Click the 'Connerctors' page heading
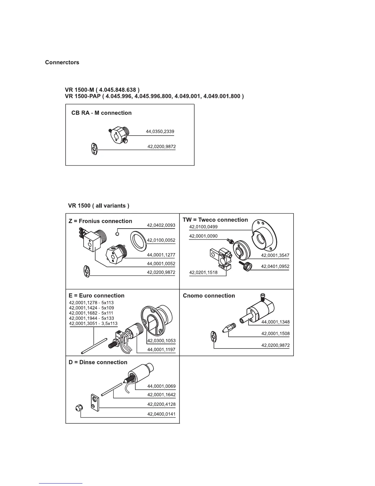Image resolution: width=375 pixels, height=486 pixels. (x=62, y=63)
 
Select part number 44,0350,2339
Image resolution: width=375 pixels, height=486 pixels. (x=160, y=132)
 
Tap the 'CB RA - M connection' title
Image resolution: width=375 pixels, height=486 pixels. (x=101, y=113)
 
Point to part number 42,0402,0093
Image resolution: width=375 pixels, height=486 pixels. (x=161, y=225)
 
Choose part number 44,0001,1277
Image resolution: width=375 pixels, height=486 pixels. (x=161, y=255)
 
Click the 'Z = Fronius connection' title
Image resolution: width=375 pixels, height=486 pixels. (x=100, y=221)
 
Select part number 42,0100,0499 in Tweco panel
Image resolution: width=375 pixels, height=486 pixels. (x=203, y=227)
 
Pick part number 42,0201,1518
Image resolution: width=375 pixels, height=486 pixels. (x=203, y=272)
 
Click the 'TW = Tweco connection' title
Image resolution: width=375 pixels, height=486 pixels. (x=215, y=220)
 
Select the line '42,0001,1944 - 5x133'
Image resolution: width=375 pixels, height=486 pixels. (x=91, y=318)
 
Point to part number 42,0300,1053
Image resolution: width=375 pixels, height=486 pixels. (x=161, y=341)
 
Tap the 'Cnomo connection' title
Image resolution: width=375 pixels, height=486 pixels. (x=209, y=296)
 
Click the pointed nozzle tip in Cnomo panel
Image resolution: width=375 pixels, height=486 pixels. (x=228, y=328)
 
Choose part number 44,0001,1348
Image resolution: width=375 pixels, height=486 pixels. (x=275, y=322)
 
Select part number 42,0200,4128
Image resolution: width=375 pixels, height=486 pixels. (x=161, y=404)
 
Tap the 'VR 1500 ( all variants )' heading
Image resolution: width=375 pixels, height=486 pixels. (x=99, y=206)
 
